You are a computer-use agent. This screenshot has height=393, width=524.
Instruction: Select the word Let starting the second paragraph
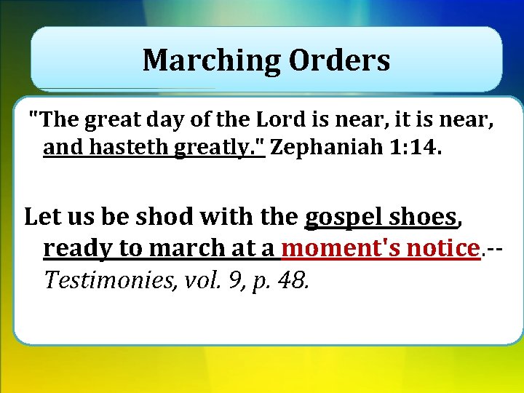tap(40, 217)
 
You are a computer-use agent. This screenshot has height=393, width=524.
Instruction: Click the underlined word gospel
tap(344, 217)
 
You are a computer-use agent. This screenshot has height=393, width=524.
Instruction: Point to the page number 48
tap(295, 280)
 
